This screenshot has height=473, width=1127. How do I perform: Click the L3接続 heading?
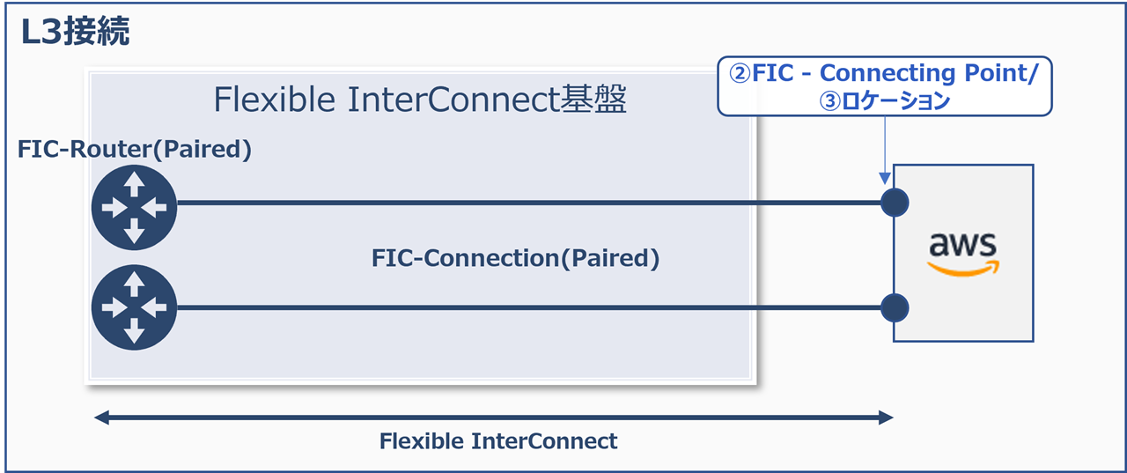(76, 33)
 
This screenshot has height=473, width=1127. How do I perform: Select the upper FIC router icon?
(134, 208)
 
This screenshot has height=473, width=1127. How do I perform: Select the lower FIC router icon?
(134, 307)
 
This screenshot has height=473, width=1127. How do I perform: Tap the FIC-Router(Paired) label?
(135, 150)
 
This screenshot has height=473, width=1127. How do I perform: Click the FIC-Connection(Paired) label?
(515, 258)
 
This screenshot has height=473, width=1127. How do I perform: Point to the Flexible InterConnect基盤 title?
(420, 100)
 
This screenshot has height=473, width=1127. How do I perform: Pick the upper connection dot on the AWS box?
(895, 203)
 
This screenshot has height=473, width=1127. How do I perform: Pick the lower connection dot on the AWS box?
(895, 307)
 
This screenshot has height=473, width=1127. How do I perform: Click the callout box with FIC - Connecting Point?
(885, 86)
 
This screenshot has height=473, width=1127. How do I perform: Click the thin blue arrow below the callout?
(884, 150)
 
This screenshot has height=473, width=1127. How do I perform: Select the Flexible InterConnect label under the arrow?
(498, 441)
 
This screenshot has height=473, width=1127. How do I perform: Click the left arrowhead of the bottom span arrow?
(101, 417)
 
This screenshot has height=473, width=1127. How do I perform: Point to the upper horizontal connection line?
(528, 203)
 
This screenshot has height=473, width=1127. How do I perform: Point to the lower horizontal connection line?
(528, 307)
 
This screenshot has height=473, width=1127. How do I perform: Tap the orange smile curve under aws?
(962, 268)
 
